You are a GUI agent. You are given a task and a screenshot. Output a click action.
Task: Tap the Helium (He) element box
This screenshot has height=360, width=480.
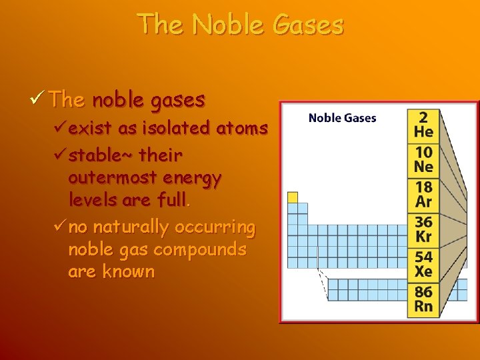coord(423,124)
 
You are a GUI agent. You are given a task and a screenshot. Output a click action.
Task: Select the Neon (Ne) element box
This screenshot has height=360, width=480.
coord(423,159)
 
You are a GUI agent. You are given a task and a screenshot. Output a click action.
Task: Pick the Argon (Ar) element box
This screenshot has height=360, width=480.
coord(423,195)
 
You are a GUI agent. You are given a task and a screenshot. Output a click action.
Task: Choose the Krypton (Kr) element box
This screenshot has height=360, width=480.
coord(423,229)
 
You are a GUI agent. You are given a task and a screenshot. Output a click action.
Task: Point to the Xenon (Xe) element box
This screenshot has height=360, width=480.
coord(423,264)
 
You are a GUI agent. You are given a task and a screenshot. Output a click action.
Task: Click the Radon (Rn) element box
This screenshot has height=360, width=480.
coord(423,299)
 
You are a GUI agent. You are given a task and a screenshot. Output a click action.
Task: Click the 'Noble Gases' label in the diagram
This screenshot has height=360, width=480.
coord(342,118)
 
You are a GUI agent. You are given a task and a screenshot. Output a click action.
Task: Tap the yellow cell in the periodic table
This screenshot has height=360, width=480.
coord(293,197)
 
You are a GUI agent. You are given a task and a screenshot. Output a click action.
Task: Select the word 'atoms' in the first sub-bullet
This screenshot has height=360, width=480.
coord(244,127)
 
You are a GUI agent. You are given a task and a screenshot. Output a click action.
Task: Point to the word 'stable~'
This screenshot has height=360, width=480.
coord(101,155)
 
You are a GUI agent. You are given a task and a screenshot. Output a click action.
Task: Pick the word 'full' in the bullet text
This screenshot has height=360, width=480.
coord(173,200)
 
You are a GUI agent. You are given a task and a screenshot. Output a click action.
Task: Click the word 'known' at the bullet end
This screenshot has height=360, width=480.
coord(128,272)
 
